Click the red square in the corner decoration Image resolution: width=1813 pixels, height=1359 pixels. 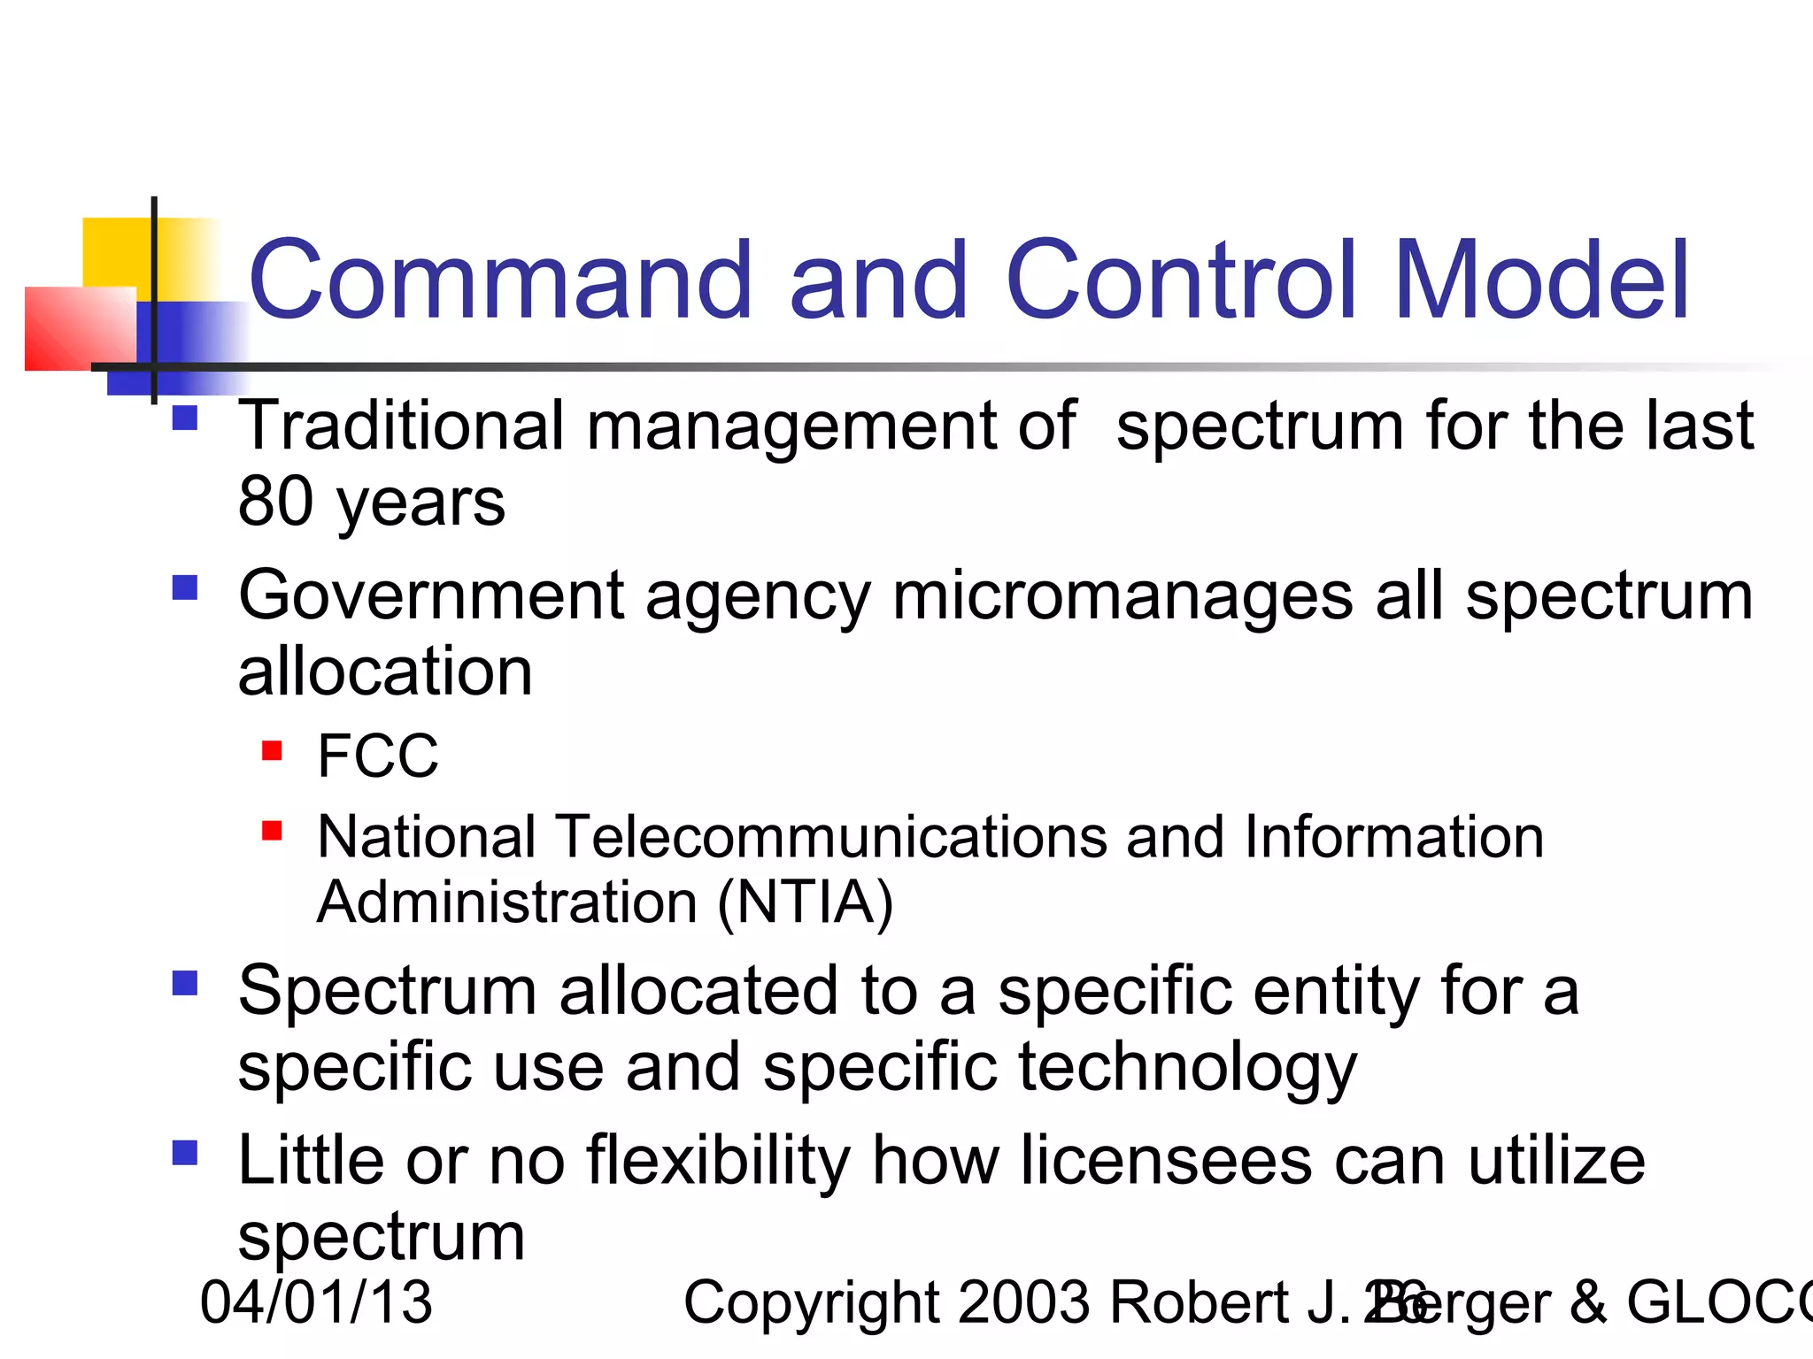tap(80, 328)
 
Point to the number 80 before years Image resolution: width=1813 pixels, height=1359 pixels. tap(275, 502)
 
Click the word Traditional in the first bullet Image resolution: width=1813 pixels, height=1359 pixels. tap(401, 426)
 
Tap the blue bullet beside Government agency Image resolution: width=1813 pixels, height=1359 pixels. tap(185, 587)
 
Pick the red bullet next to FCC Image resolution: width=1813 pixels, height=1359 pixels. tap(272, 751)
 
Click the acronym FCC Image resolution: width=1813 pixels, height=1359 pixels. tap(378, 756)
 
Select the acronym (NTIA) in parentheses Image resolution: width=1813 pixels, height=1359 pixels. tap(805, 902)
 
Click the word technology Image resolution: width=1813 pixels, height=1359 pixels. tap(1187, 1067)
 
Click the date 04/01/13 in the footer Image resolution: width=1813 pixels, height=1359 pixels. tap(316, 1302)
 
